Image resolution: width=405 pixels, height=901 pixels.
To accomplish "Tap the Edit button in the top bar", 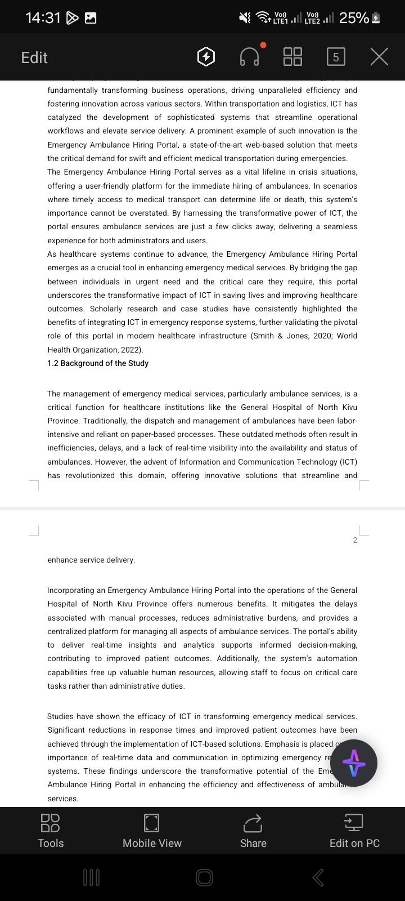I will coord(34,57).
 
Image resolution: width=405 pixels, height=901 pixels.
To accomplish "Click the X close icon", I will coord(379,57).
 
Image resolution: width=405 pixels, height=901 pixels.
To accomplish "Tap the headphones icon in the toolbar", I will coord(250,57).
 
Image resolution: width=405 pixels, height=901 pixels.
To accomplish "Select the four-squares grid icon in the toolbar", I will coord(292,57).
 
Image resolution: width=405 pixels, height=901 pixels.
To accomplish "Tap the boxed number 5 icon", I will coord(336,57).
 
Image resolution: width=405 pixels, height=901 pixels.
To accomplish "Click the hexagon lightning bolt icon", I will coord(206,57).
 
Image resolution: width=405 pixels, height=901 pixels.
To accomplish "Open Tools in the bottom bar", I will coord(51,831).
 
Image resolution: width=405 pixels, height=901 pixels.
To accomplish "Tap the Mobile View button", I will coord(152,831).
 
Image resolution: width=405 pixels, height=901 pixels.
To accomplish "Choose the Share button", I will coord(253,831).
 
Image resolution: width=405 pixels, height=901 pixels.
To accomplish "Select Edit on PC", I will coord(354,831).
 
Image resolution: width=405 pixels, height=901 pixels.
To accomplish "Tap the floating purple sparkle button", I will coord(354,763).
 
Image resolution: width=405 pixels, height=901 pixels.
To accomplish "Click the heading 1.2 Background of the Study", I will coord(98,363).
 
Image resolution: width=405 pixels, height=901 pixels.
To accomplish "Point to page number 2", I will coord(355,540).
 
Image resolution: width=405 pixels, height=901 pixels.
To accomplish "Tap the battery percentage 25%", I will coord(354,18).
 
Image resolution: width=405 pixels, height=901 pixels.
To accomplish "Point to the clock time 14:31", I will coord(43,18).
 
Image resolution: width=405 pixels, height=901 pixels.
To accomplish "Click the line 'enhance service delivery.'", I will coord(91,560).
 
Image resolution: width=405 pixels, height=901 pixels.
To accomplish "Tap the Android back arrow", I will coord(318,877).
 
